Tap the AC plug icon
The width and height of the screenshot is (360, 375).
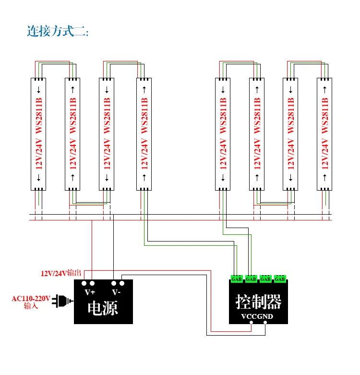(x=62, y=301)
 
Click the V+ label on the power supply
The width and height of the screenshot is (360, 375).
(x=90, y=292)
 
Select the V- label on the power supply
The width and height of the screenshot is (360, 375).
(x=116, y=292)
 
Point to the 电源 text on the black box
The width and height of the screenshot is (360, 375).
(x=103, y=308)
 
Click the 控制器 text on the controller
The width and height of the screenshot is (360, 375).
(x=258, y=302)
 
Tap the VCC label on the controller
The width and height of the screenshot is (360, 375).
(x=249, y=316)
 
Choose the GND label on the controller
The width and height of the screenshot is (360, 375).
(x=265, y=316)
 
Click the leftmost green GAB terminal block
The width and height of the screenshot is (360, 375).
(x=237, y=279)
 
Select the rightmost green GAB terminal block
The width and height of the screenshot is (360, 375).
(x=280, y=279)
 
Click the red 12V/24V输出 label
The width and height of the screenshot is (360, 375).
(x=61, y=273)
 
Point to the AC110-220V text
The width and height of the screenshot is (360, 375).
(x=31, y=299)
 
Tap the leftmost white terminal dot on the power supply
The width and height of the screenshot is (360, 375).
(x=84, y=283)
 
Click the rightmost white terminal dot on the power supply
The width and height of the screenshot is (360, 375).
(x=122, y=283)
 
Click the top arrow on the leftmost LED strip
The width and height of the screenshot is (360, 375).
(x=38, y=90)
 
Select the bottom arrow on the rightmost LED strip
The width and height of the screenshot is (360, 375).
(x=324, y=178)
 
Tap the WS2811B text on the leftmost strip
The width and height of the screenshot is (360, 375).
(x=39, y=116)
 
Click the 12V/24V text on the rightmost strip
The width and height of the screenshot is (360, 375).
(x=325, y=154)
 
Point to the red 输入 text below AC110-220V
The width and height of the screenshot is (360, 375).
(x=31, y=306)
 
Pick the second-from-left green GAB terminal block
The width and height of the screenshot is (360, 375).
(x=251, y=279)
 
